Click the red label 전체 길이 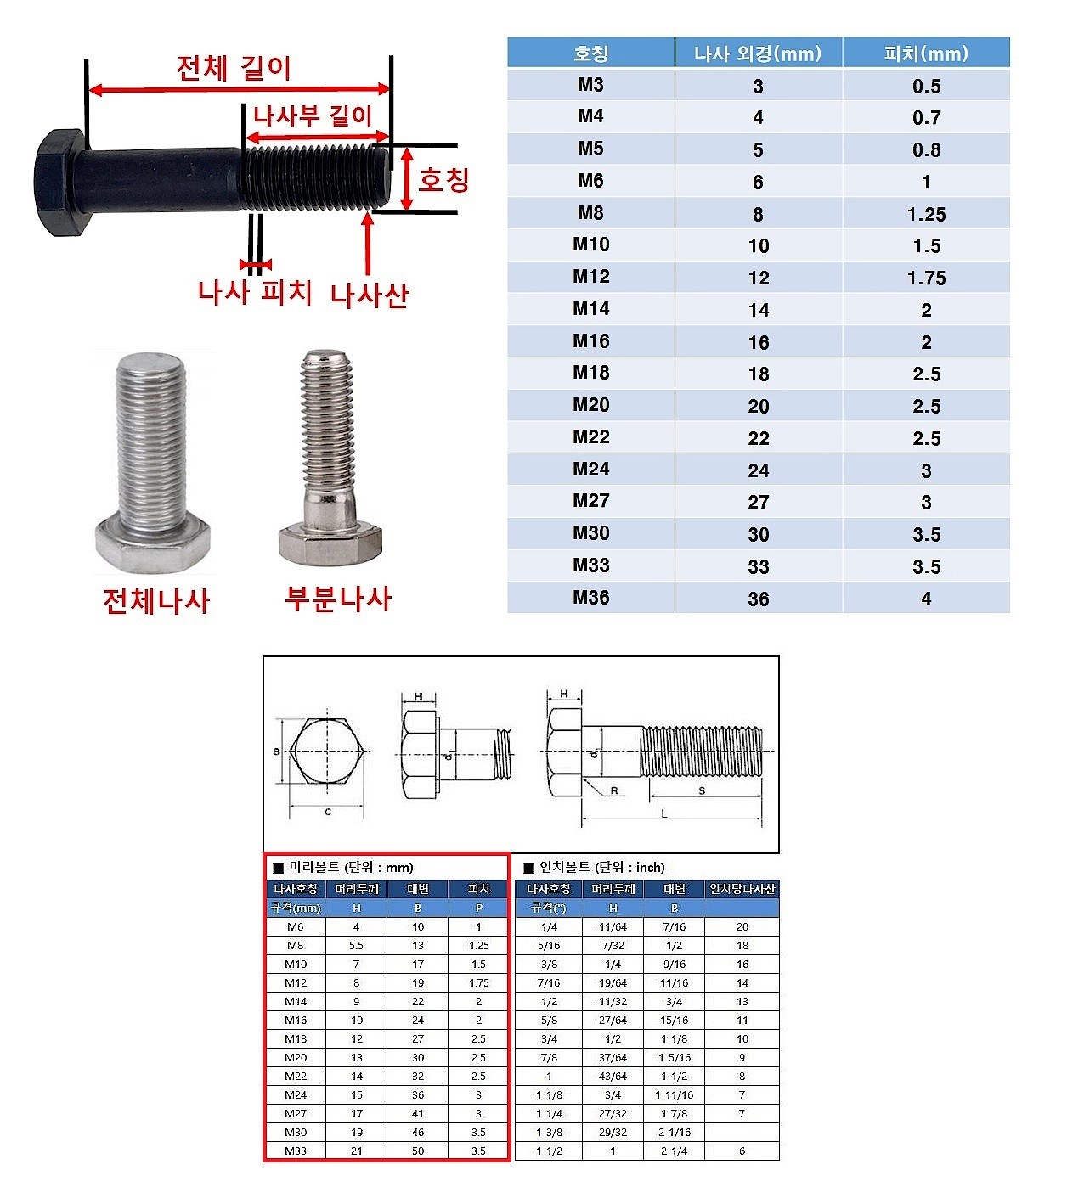(234, 68)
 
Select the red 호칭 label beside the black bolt (443, 179)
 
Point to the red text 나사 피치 (255, 292)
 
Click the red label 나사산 (370, 295)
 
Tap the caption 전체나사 (156, 600)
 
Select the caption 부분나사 (338, 599)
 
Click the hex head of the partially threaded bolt (330, 543)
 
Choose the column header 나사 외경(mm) (758, 53)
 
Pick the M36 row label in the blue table (590, 598)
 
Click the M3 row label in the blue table (590, 85)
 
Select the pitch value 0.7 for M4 (926, 118)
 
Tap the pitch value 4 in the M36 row (926, 599)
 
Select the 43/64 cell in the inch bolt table (613, 1076)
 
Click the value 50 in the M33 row (418, 1151)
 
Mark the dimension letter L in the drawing (664, 813)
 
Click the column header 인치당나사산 (742, 889)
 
